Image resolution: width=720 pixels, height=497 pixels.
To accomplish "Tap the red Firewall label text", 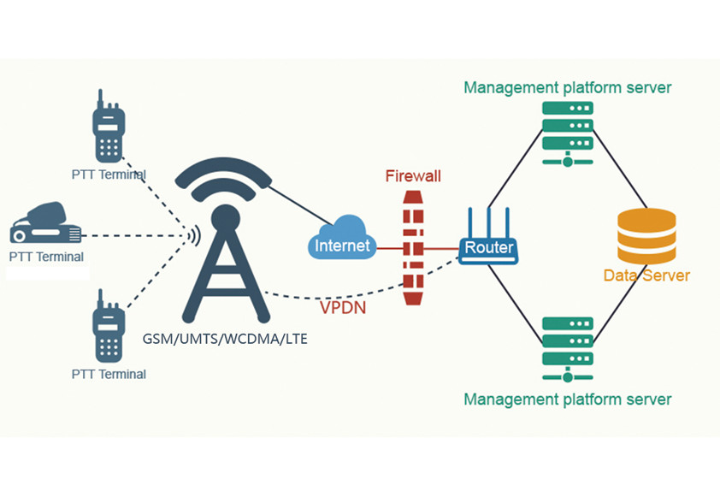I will pyautogui.click(x=413, y=176).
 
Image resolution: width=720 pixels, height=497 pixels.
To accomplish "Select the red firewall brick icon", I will pyautogui.click(x=413, y=248).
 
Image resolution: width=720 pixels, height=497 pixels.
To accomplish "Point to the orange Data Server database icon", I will pyautogui.click(x=646, y=237).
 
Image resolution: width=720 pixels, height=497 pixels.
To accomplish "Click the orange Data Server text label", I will pyautogui.click(x=646, y=275).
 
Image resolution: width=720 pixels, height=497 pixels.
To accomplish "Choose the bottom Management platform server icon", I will pyautogui.click(x=567, y=347).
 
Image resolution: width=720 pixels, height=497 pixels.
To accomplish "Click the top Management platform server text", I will pyautogui.click(x=567, y=87).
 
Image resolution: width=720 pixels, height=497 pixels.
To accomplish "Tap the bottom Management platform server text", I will pyautogui.click(x=567, y=399).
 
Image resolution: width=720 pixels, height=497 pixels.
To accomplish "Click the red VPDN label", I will pyautogui.click(x=343, y=307).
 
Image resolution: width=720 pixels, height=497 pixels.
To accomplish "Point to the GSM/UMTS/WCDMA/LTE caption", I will pyautogui.click(x=225, y=339).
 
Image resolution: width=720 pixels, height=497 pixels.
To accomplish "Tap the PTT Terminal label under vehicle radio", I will pyautogui.click(x=46, y=257).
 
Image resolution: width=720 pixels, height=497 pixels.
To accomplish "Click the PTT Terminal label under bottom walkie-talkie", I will pyautogui.click(x=109, y=374).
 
